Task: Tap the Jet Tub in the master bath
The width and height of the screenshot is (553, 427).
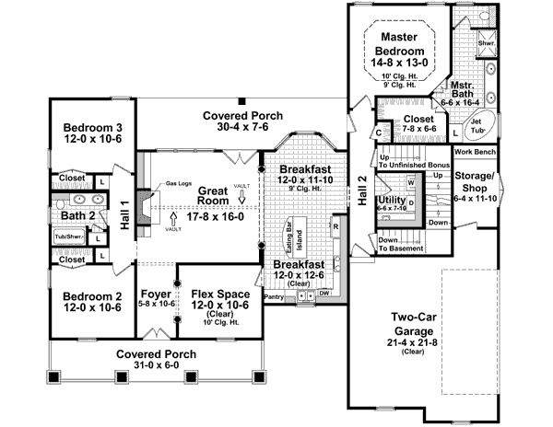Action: point(477,127)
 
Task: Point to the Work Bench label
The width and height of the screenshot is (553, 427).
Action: point(475,150)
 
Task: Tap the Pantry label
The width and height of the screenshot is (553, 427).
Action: point(274,297)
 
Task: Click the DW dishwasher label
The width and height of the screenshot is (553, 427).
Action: point(324,294)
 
